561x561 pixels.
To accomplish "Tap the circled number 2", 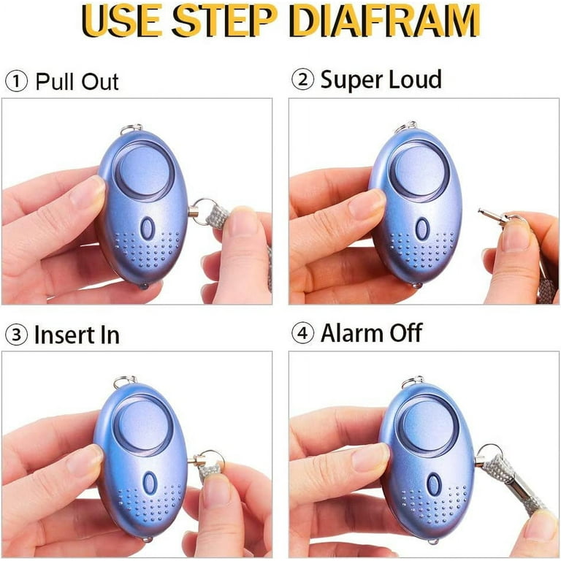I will pyautogui.click(x=302, y=80).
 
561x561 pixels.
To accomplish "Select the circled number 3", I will pyautogui.click(x=16, y=335).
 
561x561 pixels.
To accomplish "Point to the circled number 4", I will pyautogui.click(x=302, y=334).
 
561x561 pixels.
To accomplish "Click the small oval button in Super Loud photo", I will pyautogui.click(x=421, y=229).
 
